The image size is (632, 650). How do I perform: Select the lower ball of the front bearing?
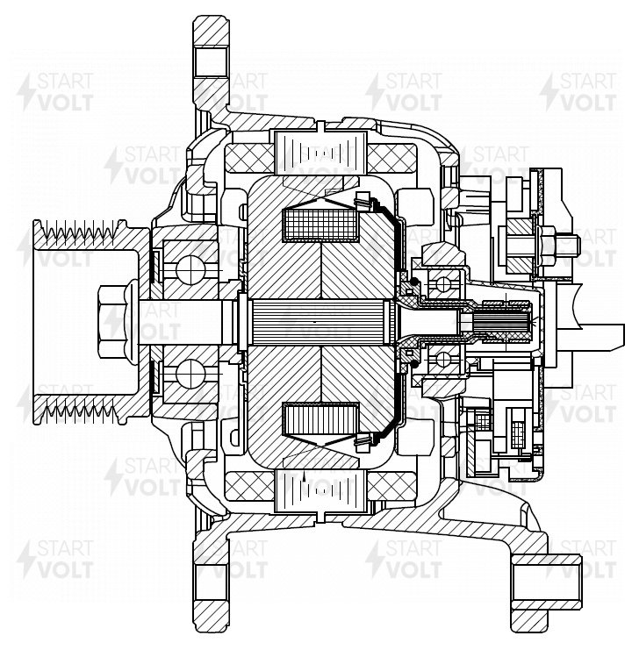tap(190, 374)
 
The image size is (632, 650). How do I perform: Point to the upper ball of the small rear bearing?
tap(443, 284)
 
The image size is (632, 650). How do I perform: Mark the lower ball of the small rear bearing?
tap(443, 359)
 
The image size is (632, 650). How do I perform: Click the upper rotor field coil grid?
tap(320, 225)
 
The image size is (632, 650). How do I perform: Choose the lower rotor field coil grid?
tap(320, 418)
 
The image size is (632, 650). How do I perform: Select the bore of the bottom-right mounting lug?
tap(547, 582)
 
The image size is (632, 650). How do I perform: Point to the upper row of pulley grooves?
tap(81, 230)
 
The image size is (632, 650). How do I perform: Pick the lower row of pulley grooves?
tap(80, 411)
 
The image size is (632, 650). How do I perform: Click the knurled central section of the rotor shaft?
tap(319, 322)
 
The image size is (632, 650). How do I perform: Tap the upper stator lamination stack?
tap(320, 153)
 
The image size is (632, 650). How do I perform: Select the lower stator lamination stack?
tap(320, 490)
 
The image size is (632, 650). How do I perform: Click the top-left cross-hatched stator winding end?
tap(249, 159)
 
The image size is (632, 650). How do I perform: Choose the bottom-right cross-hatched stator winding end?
tap(391, 485)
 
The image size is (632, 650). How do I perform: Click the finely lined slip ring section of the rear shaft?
tap(502, 322)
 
